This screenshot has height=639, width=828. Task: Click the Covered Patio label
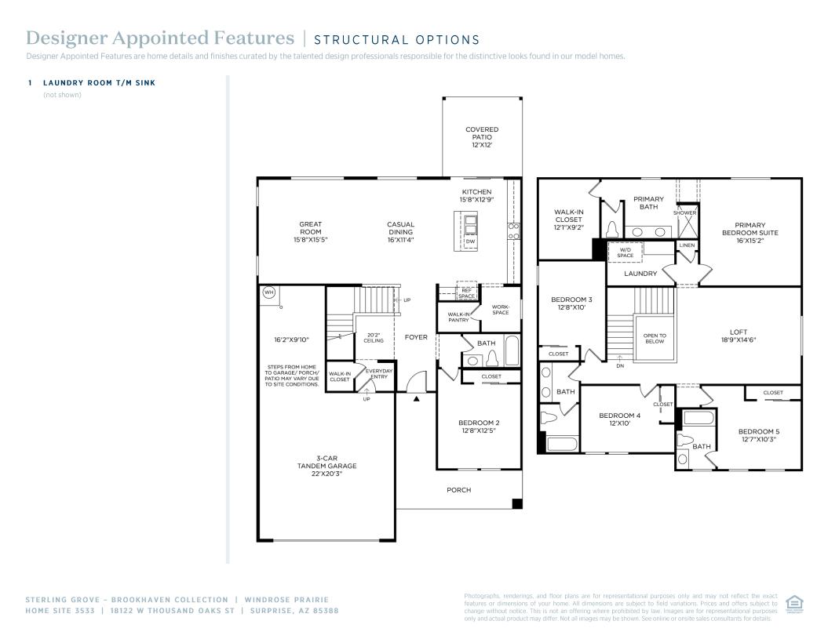point(481,137)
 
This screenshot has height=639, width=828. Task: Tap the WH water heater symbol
point(268,292)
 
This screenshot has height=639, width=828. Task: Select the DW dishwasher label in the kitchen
point(470,241)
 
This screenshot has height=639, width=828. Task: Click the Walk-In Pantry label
point(458,317)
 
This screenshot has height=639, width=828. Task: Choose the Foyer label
point(416,337)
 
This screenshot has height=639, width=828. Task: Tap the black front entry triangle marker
point(417,398)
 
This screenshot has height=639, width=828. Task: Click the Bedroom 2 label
point(479,427)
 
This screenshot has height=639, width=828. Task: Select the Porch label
point(459,490)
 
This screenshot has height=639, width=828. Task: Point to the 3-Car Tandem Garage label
point(326,466)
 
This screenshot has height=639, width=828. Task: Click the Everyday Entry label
point(379,373)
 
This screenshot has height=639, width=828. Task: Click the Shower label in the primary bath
point(684,212)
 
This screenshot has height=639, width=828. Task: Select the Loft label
point(738,336)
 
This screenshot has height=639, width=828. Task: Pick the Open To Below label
point(655,339)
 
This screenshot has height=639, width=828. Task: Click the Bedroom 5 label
point(758,435)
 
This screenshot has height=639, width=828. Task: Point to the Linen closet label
point(687,245)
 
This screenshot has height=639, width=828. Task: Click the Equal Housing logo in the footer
point(793,603)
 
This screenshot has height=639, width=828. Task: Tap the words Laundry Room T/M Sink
point(104,82)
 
